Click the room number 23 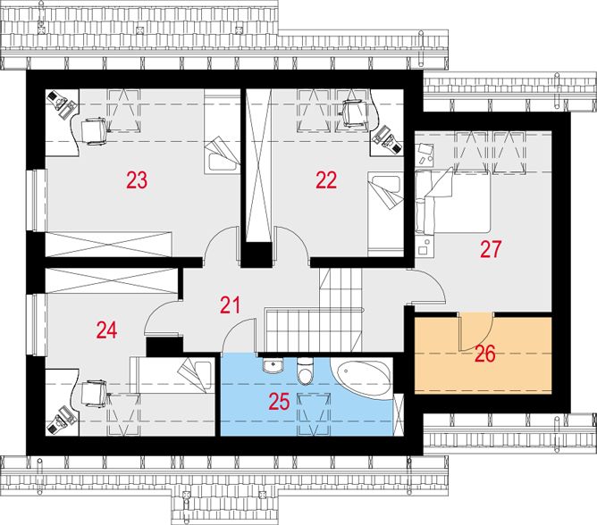(x=137, y=180)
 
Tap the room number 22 (x=326, y=180)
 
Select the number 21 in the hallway (x=231, y=305)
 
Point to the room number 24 (x=106, y=329)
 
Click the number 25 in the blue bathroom (x=280, y=402)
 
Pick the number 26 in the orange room (x=485, y=354)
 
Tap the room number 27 (x=491, y=249)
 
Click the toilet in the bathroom (x=305, y=371)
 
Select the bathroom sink (x=273, y=365)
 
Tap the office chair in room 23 (x=94, y=131)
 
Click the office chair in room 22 (x=356, y=113)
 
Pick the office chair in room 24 (x=94, y=394)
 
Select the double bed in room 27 (x=452, y=201)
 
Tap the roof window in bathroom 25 (x=314, y=413)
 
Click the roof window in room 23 (x=123, y=111)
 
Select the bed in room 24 (x=172, y=375)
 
